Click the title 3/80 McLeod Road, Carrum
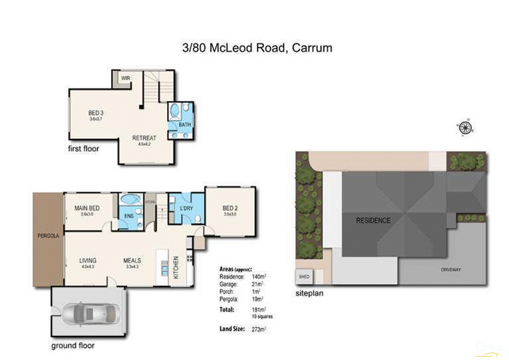254,48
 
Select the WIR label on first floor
126,78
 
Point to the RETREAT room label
144,138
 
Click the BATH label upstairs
184,124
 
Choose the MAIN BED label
87,208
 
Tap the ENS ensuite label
129,216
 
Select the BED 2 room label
229,208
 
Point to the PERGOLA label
48,237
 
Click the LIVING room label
88,261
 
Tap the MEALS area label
132,261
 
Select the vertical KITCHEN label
176,267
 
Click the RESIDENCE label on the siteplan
372,221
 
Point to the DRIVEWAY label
450,269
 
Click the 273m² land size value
258,329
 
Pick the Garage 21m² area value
257,284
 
